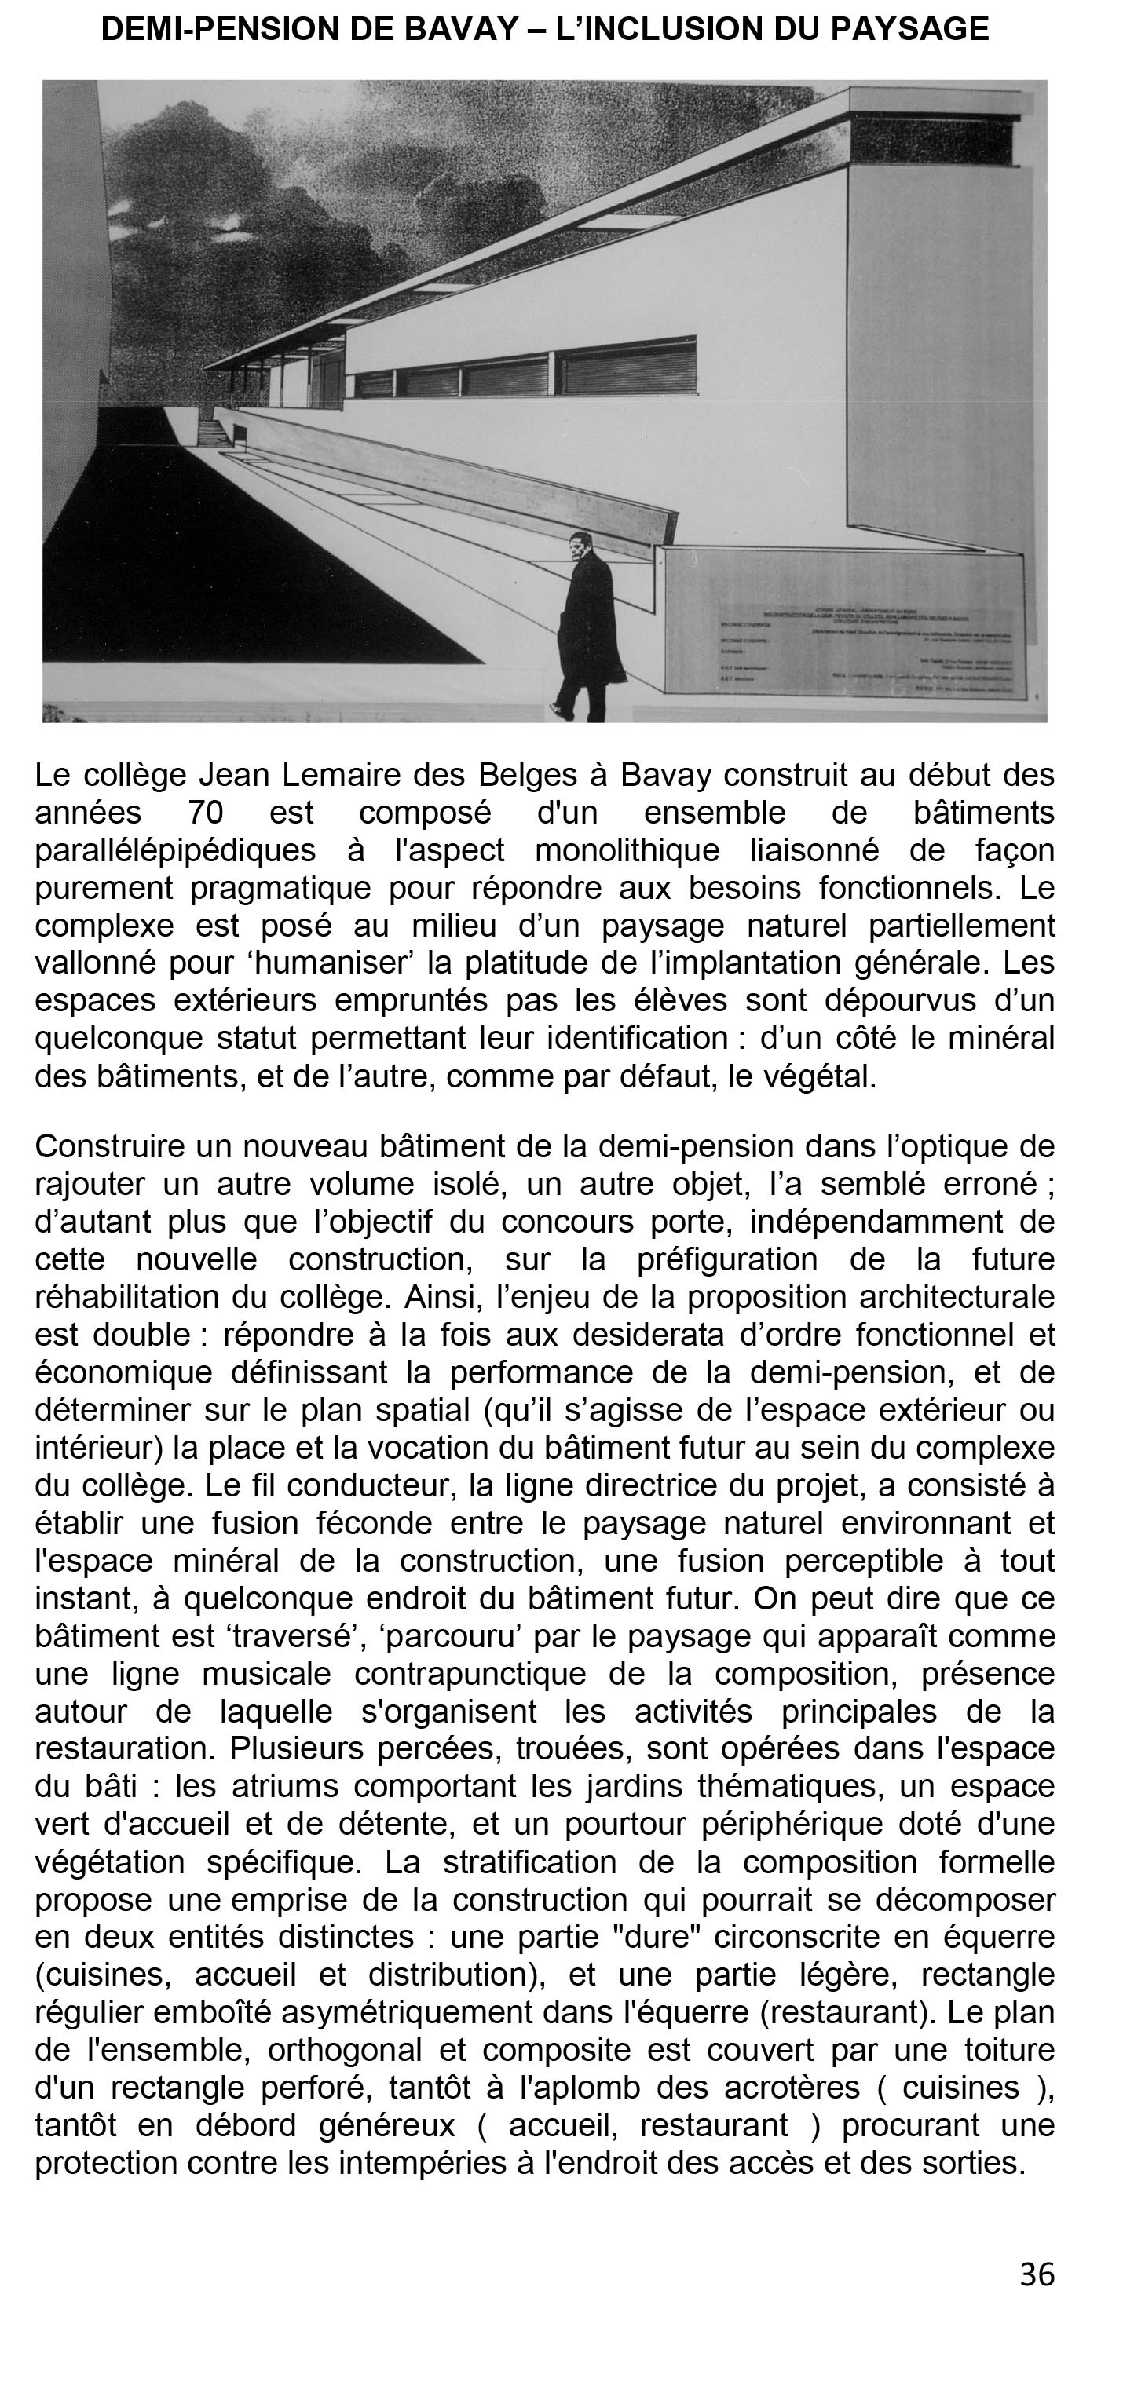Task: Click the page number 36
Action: click(x=1037, y=2274)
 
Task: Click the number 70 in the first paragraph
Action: click(x=205, y=813)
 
